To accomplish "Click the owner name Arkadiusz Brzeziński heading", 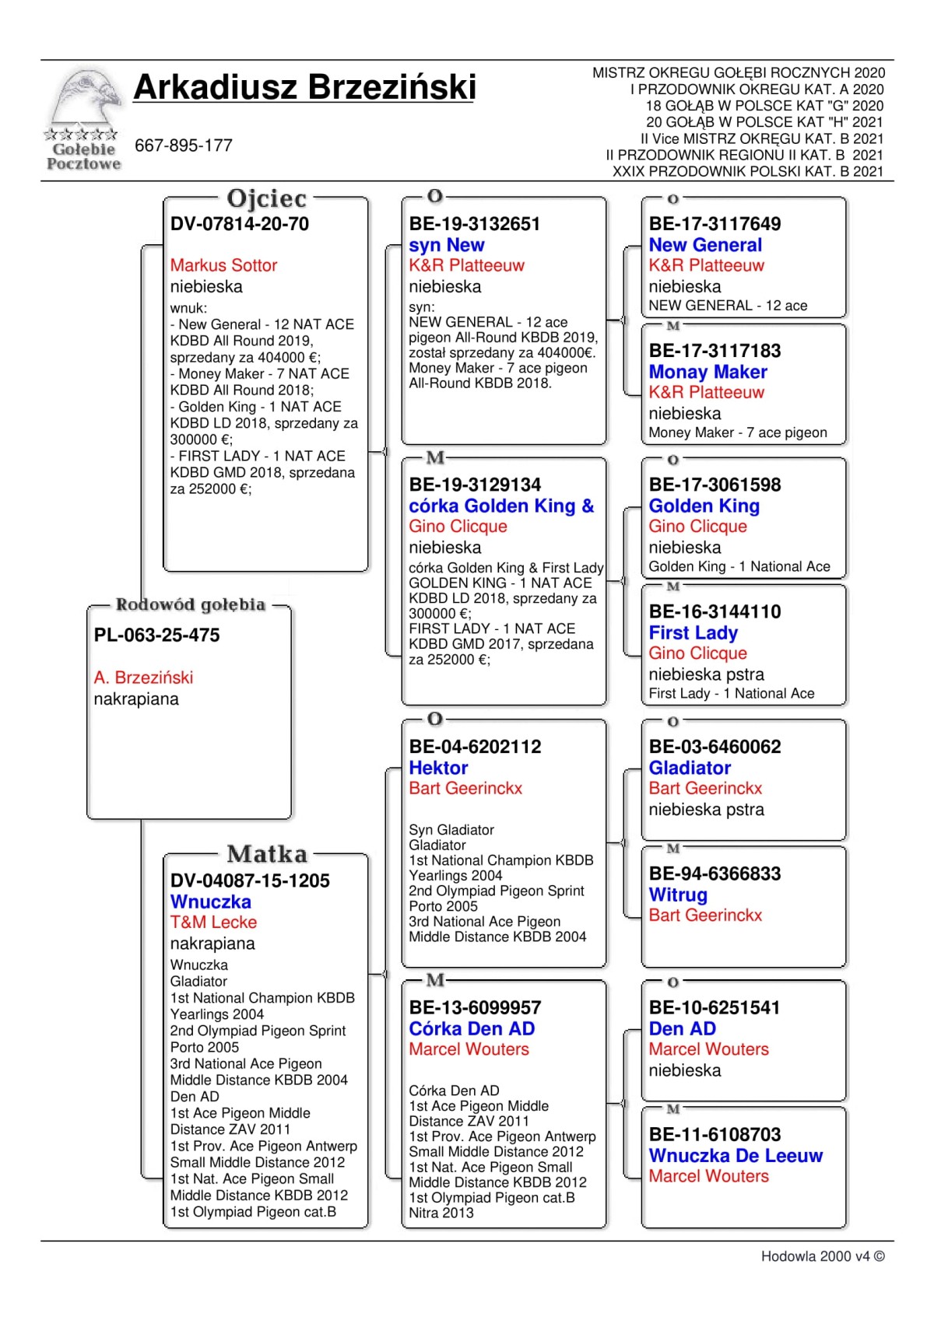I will (304, 87).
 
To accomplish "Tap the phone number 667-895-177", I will (184, 145).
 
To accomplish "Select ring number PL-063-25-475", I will (157, 635).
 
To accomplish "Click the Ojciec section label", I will (266, 199).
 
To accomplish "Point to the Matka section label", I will (267, 854).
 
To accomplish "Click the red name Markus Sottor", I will (223, 265).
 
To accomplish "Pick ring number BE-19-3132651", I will (475, 224).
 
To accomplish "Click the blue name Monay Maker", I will (708, 372).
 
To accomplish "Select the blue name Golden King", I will (704, 506).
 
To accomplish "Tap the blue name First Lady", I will (693, 632).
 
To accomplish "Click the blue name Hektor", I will (439, 768).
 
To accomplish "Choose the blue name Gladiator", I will (690, 768).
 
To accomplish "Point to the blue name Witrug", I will (679, 895).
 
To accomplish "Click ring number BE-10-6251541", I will (715, 1007).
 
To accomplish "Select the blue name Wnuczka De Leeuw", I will (736, 1156).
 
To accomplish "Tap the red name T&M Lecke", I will (213, 923).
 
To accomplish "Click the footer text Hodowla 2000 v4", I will (822, 1256).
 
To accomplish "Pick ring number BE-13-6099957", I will (475, 1007).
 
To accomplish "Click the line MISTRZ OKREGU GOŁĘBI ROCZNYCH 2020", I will (739, 73).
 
